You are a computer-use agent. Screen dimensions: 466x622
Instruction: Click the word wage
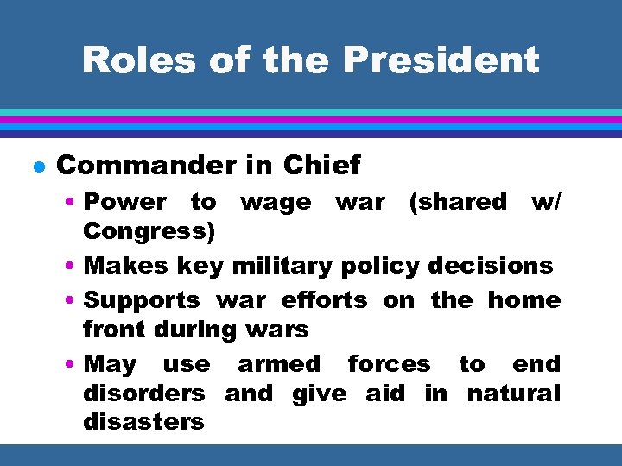click(276, 202)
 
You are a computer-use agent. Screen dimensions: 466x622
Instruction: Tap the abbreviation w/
click(546, 202)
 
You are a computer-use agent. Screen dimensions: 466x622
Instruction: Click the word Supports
click(142, 300)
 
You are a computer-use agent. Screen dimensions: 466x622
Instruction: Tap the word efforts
click(324, 300)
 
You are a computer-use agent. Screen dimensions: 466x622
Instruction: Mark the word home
click(524, 300)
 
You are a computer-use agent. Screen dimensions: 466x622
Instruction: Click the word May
click(111, 364)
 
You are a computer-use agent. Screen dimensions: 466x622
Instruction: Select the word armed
click(278, 364)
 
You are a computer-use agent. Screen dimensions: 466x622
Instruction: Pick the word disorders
click(143, 394)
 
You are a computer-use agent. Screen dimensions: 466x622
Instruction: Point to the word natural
click(514, 394)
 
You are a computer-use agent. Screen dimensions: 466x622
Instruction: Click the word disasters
click(143, 422)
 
